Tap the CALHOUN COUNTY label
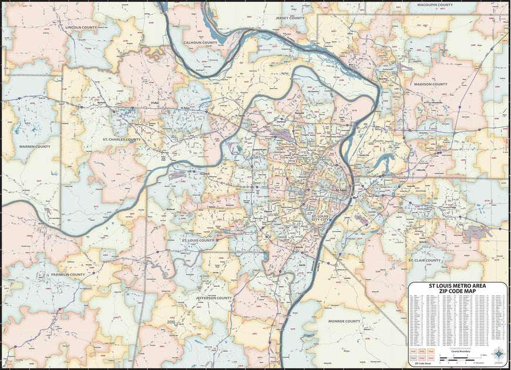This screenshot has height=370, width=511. [200, 43]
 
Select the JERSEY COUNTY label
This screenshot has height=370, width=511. [290, 18]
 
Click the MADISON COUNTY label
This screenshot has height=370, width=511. [431, 84]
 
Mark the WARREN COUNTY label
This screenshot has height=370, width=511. [35, 146]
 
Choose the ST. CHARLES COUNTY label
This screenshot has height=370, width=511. [122, 140]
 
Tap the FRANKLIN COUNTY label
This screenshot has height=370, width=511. [68, 274]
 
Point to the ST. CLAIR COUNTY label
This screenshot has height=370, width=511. [425, 260]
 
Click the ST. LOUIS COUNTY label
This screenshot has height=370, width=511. [198, 240]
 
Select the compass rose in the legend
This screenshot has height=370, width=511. [499, 352]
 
